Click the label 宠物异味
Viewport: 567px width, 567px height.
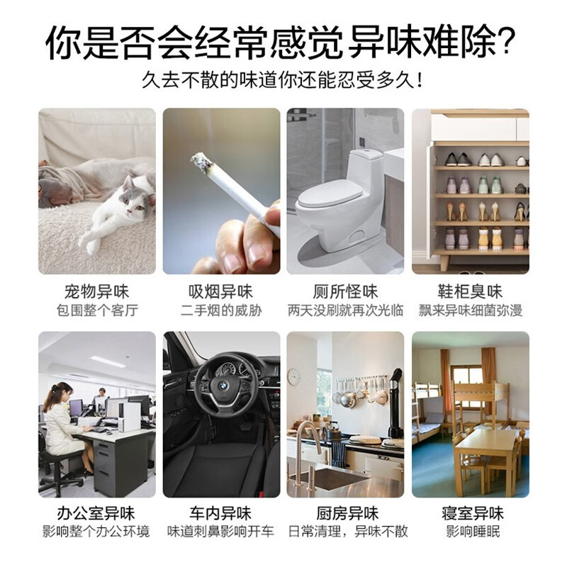(x=96, y=291)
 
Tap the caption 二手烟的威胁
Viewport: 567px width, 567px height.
(x=221, y=310)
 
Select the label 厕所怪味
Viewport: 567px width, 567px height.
(x=345, y=291)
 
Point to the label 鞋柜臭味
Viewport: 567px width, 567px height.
(x=471, y=291)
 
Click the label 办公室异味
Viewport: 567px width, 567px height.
(x=96, y=513)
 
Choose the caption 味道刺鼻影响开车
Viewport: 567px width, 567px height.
(x=221, y=532)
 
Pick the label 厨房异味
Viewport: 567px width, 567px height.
(x=345, y=513)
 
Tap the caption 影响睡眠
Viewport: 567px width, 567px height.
(x=471, y=532)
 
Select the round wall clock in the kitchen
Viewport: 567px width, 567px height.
(x=293, y=376)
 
